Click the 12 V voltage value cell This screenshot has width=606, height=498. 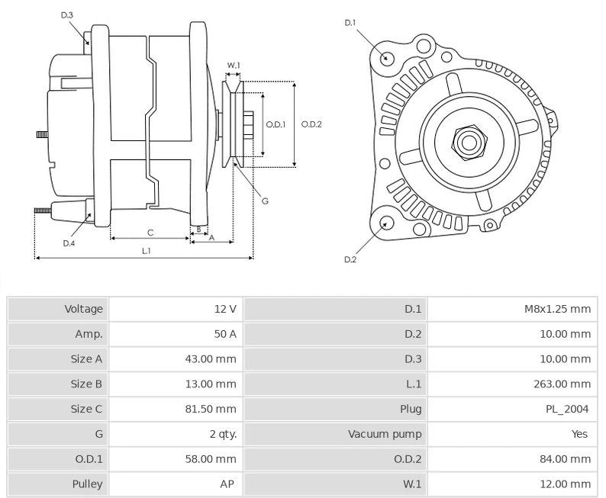[x=225, y=309]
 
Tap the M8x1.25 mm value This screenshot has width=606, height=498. [x=556, y=309]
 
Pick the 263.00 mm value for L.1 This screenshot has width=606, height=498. [x=564, y=384]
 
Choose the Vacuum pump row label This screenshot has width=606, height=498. [x=385, y=434]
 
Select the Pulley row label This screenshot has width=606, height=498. [x=87, y=484]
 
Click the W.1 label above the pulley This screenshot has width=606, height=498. [x=234, y=66]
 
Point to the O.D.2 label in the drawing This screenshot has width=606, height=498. [x=311, y=124]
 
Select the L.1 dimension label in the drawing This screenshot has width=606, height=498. [x=146, y=250]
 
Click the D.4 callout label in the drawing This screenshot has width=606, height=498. [x=69, y=243]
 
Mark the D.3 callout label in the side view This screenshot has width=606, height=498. [x=66, y=15]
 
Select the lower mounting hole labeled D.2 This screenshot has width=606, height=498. [x=387, y=223]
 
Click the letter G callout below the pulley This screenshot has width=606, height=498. [x=265, y=201]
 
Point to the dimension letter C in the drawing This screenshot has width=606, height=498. [x=150, y=232]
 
